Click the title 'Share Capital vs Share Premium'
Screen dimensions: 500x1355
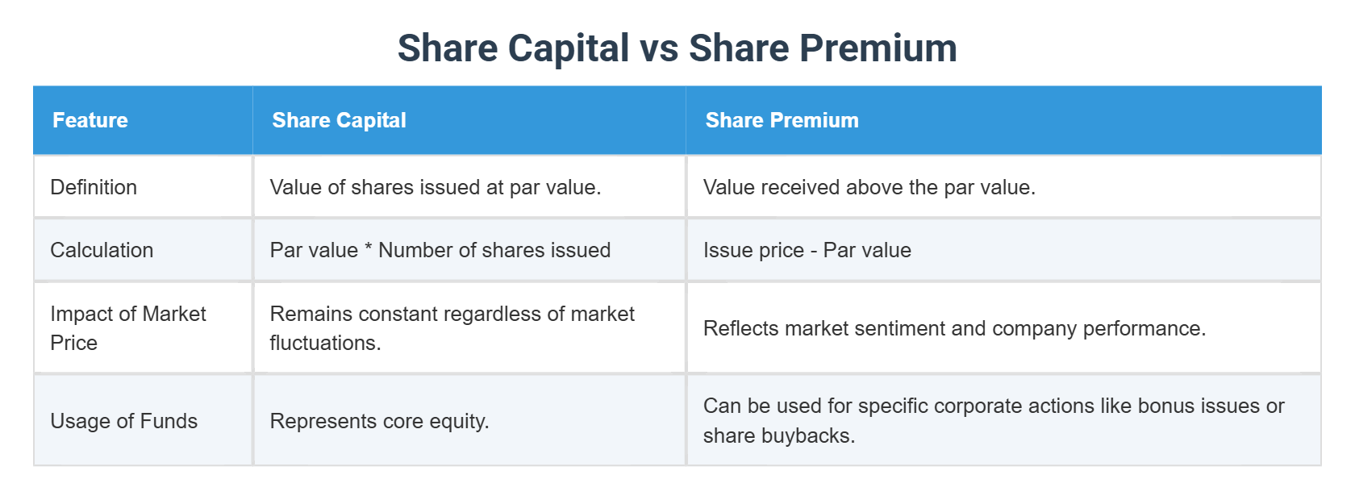tap(677, 48)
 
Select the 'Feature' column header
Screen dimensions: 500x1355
tap(90, 120)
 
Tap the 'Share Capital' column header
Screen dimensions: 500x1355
tap(339, 120)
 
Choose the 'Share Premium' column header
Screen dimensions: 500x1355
tap(782, 120)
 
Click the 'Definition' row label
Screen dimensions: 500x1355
tap(94, 187)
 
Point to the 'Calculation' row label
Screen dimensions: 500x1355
tap(102, 250)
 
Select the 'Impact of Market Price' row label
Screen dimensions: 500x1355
tap(127, 328)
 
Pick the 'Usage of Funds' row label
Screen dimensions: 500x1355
tap(123, 421)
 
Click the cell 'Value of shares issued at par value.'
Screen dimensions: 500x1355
tap(435, 187)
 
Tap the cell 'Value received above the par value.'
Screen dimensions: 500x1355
tap(869, 187)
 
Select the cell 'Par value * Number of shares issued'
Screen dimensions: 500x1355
tap(440, 250)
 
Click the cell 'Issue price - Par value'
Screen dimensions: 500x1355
tap(807, 250)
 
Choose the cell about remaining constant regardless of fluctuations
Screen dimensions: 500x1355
tap(452, 328)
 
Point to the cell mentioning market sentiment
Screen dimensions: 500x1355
tap(954, 328)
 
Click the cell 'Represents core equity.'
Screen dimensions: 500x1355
tap(379, 421)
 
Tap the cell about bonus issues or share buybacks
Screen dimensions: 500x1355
tap(993, 420)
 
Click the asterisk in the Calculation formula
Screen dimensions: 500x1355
tap(368, 248)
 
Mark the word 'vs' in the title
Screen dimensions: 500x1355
tap(659, 48)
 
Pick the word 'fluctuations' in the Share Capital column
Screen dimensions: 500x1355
tap(324, 343)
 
